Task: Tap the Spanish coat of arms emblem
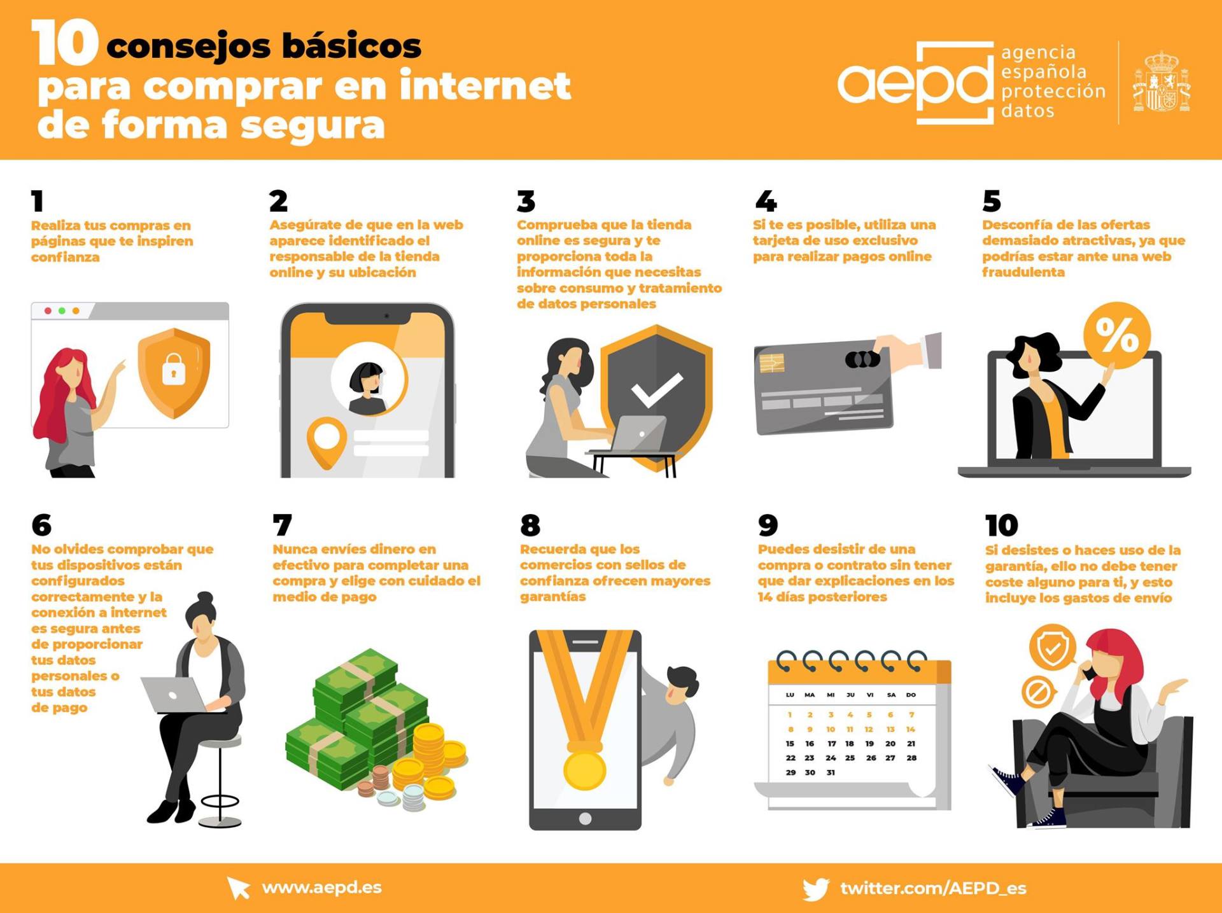1162,82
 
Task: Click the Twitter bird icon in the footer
816,889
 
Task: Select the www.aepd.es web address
321,888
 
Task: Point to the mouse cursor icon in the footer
239,888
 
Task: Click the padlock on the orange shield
174,369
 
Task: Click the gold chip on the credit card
771,363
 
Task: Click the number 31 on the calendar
831,772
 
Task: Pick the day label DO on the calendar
911,695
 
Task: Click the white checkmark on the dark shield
656,390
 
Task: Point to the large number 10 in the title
64,42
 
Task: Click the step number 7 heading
282,526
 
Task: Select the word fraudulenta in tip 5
1023,272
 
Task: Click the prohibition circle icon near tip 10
1038,692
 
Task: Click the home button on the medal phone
585,818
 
